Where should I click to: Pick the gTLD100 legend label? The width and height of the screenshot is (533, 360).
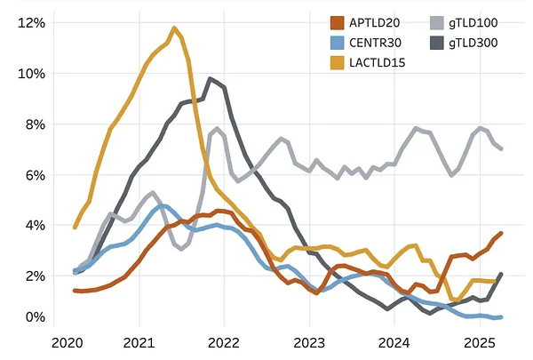[479, 22]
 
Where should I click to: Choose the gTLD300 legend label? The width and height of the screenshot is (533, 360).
[479, 41]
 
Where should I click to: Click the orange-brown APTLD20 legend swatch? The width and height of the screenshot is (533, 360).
[337, 22]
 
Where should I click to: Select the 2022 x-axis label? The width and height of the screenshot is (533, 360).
[224, 342]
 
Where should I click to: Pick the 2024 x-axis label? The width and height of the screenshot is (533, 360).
[394, 342]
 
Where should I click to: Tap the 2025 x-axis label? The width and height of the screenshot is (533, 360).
[479, 342]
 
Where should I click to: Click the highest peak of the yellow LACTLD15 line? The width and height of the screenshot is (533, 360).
[174, 28]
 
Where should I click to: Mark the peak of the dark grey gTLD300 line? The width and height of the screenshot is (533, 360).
[211, 79]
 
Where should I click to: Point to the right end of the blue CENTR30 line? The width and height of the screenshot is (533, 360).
[501, 316]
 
